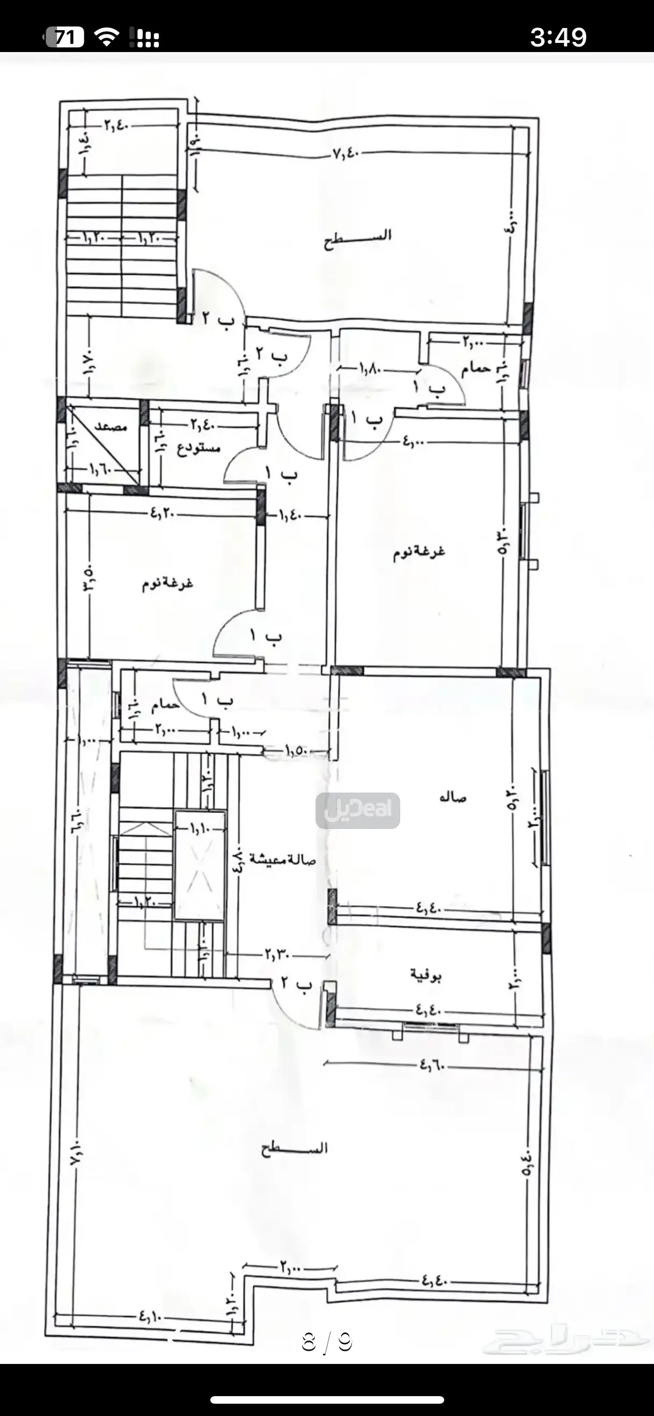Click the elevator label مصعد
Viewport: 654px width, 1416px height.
point(111,426)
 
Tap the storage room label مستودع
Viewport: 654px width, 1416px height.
point(199,448)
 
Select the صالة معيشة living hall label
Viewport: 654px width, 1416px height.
point(283,859)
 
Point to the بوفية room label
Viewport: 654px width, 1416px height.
point(426,975)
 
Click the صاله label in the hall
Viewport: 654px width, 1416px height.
point(453,797)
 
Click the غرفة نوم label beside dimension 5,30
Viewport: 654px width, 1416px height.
point(419,552)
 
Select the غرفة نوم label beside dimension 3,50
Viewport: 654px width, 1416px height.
point(167,583)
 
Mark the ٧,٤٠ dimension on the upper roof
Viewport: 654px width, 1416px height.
point(346,155)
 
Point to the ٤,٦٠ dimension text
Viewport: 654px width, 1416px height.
point(432,1065)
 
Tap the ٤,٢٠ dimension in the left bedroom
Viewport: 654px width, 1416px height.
point(163,514)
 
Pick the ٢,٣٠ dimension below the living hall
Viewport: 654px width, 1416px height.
point(277,954)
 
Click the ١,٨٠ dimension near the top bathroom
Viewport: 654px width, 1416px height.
point(371,369)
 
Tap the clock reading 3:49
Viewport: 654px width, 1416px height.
point(559,37)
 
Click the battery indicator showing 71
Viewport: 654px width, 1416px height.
point(64,37)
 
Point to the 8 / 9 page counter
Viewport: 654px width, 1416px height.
point(326,1341)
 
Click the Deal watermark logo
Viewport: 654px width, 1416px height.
point(358,810)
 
